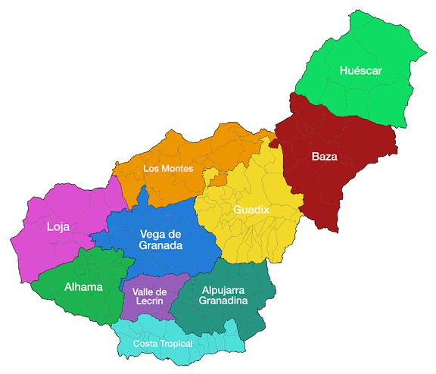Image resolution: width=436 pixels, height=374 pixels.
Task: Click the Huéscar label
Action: coord(361,70)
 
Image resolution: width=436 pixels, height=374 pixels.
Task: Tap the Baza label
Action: coord(324,157)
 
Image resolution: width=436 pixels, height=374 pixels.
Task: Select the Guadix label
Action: coord(251,209)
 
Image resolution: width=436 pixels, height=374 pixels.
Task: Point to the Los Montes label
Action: coord(168,168)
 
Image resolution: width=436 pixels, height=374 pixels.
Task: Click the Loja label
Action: coord(58,226)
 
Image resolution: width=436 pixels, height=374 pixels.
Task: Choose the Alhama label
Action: coord(83,287)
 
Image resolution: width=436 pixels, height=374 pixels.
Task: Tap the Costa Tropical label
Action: coord(163,344)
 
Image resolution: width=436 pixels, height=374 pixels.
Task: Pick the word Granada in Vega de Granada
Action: coord(160,246)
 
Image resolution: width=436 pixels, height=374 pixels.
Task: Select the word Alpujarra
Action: coord(223,289)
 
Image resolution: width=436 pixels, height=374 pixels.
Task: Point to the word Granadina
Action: coord(223,301)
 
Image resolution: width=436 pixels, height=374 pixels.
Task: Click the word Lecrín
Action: coord(149,301)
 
